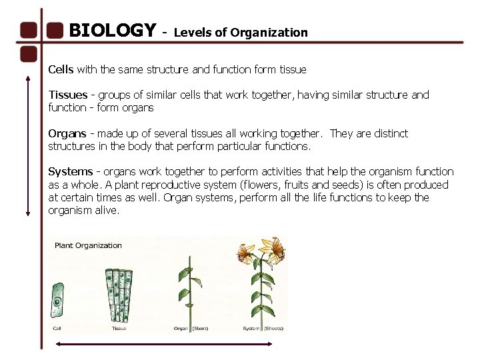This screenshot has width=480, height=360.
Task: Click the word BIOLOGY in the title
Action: (x=112, y=31)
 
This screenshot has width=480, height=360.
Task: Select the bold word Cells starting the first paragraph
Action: (x=61, y=69)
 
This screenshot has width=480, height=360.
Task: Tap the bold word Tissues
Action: (x=67, y=95)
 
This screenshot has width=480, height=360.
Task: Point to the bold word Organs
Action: (x=67, y=133)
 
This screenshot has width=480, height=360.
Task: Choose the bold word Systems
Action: (x=70, y=172)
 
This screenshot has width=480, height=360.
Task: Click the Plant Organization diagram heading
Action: (x=89, y=245)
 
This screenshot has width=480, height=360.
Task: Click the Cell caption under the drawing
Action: (x=57, y=328)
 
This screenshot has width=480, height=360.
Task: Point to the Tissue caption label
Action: (x=119, y=328)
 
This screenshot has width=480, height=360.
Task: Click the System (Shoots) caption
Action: (x=263, y=328)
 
